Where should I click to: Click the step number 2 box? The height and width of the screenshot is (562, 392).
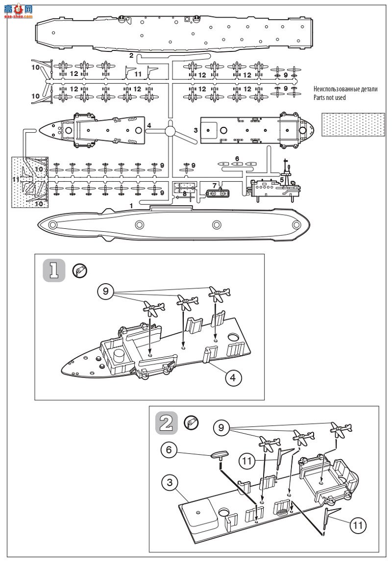click(167, 422)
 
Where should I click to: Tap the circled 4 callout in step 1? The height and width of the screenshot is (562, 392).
click(234, 377)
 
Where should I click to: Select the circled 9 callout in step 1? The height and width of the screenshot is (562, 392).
click(106, 291)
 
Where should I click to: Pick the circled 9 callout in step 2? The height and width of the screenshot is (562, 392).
click(221, 427)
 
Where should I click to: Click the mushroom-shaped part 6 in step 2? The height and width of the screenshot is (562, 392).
click(220, 455)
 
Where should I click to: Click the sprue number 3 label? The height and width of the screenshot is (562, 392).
click(196, 130)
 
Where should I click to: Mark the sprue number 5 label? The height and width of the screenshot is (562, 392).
click(282, 180)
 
